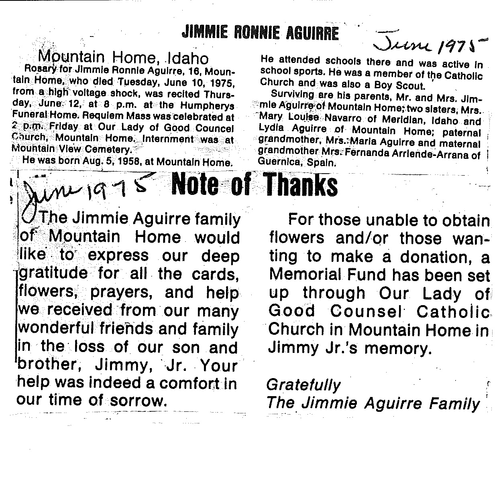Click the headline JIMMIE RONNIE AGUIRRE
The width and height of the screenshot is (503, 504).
pos(260,32)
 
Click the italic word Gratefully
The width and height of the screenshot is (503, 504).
pos(303,385)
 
